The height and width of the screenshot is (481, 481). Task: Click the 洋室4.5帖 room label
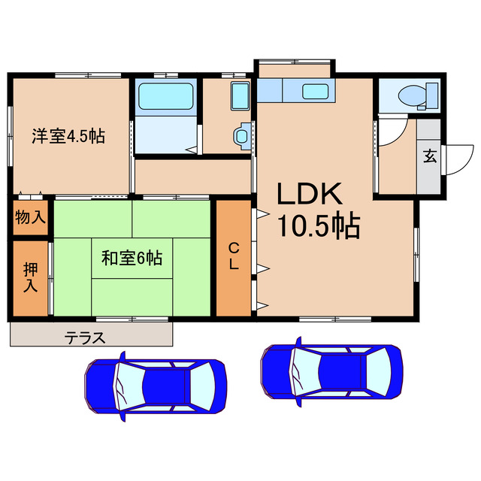[68, 136]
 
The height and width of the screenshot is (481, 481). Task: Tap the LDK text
[310, 195]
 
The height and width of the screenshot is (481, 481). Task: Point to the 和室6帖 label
[132, 258]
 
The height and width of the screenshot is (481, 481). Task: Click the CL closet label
[234, 256]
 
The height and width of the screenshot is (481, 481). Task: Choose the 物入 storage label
[30, 218]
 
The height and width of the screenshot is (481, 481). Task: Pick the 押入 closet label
[30, 277]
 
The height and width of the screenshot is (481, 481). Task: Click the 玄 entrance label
[429, 156]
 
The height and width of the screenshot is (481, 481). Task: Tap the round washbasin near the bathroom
[240, 135]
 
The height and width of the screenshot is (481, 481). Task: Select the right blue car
[331, 371]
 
